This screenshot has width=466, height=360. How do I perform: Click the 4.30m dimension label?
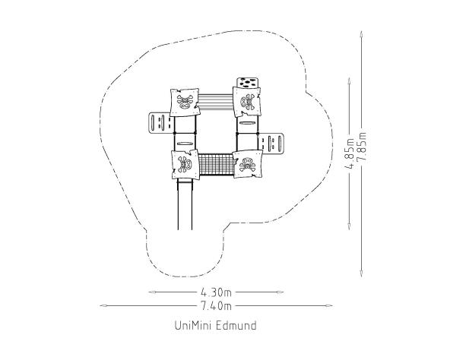click(x=216, y=292)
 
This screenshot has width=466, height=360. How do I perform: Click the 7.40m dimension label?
click(x=216, y=305)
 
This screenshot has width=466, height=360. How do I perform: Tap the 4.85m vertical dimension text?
click(x=350, y=153)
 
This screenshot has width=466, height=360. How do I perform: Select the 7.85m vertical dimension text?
click(x=363, y=147)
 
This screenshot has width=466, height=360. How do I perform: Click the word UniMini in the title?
click(x=192, y=326)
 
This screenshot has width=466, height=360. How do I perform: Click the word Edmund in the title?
click(x=236, y=326)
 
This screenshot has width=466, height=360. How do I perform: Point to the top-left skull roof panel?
click(x=185, y=103)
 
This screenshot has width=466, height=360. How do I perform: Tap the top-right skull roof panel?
click(x=246, y=102)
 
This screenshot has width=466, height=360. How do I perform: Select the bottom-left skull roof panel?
click(x=185, y=164)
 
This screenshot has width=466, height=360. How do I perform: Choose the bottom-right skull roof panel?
click(x=247, y=164)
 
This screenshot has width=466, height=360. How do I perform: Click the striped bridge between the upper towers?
click(x=216, y=102)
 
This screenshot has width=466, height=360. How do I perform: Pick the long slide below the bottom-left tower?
click(x=185, y=204)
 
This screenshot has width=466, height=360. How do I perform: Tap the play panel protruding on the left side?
click(x=160, y=123)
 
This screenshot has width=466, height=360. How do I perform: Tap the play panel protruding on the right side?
click(x=271, y=144)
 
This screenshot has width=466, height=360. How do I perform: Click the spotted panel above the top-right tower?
click(x=248, y=83)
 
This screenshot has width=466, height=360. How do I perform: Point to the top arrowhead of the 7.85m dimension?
click(x=361, y=33)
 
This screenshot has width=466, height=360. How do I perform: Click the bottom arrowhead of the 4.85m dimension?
click(x=349, y=226)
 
